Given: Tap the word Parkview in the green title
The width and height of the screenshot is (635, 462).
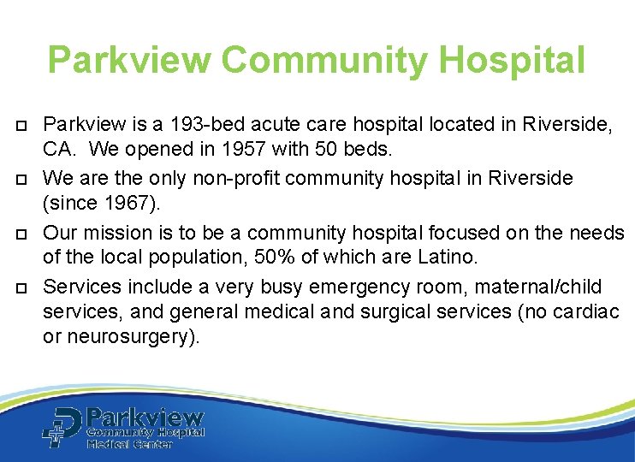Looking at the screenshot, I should click(x=128, y=61).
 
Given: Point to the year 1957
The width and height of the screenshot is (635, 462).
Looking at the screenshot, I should click(x=243, y=151).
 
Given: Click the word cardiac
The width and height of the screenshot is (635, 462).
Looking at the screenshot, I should click(x=586, y=311).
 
